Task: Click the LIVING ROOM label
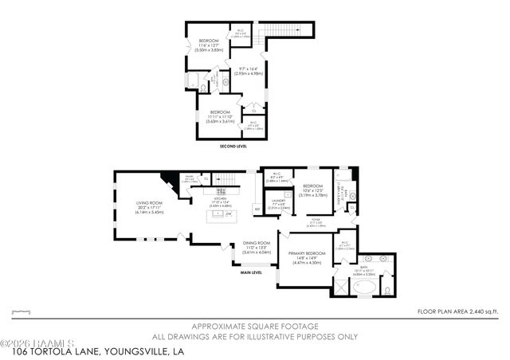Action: pyautogui.click(x=148, y=203)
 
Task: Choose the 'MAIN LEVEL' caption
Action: pyautogui.click(x=253, y=272)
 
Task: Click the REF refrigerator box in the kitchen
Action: pyautogui.click(x=257, y=209)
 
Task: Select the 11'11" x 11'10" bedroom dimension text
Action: pyautogui.click(x=218, y=117)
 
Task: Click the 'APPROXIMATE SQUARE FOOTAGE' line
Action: pyautogui.click(x=255, y=327)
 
